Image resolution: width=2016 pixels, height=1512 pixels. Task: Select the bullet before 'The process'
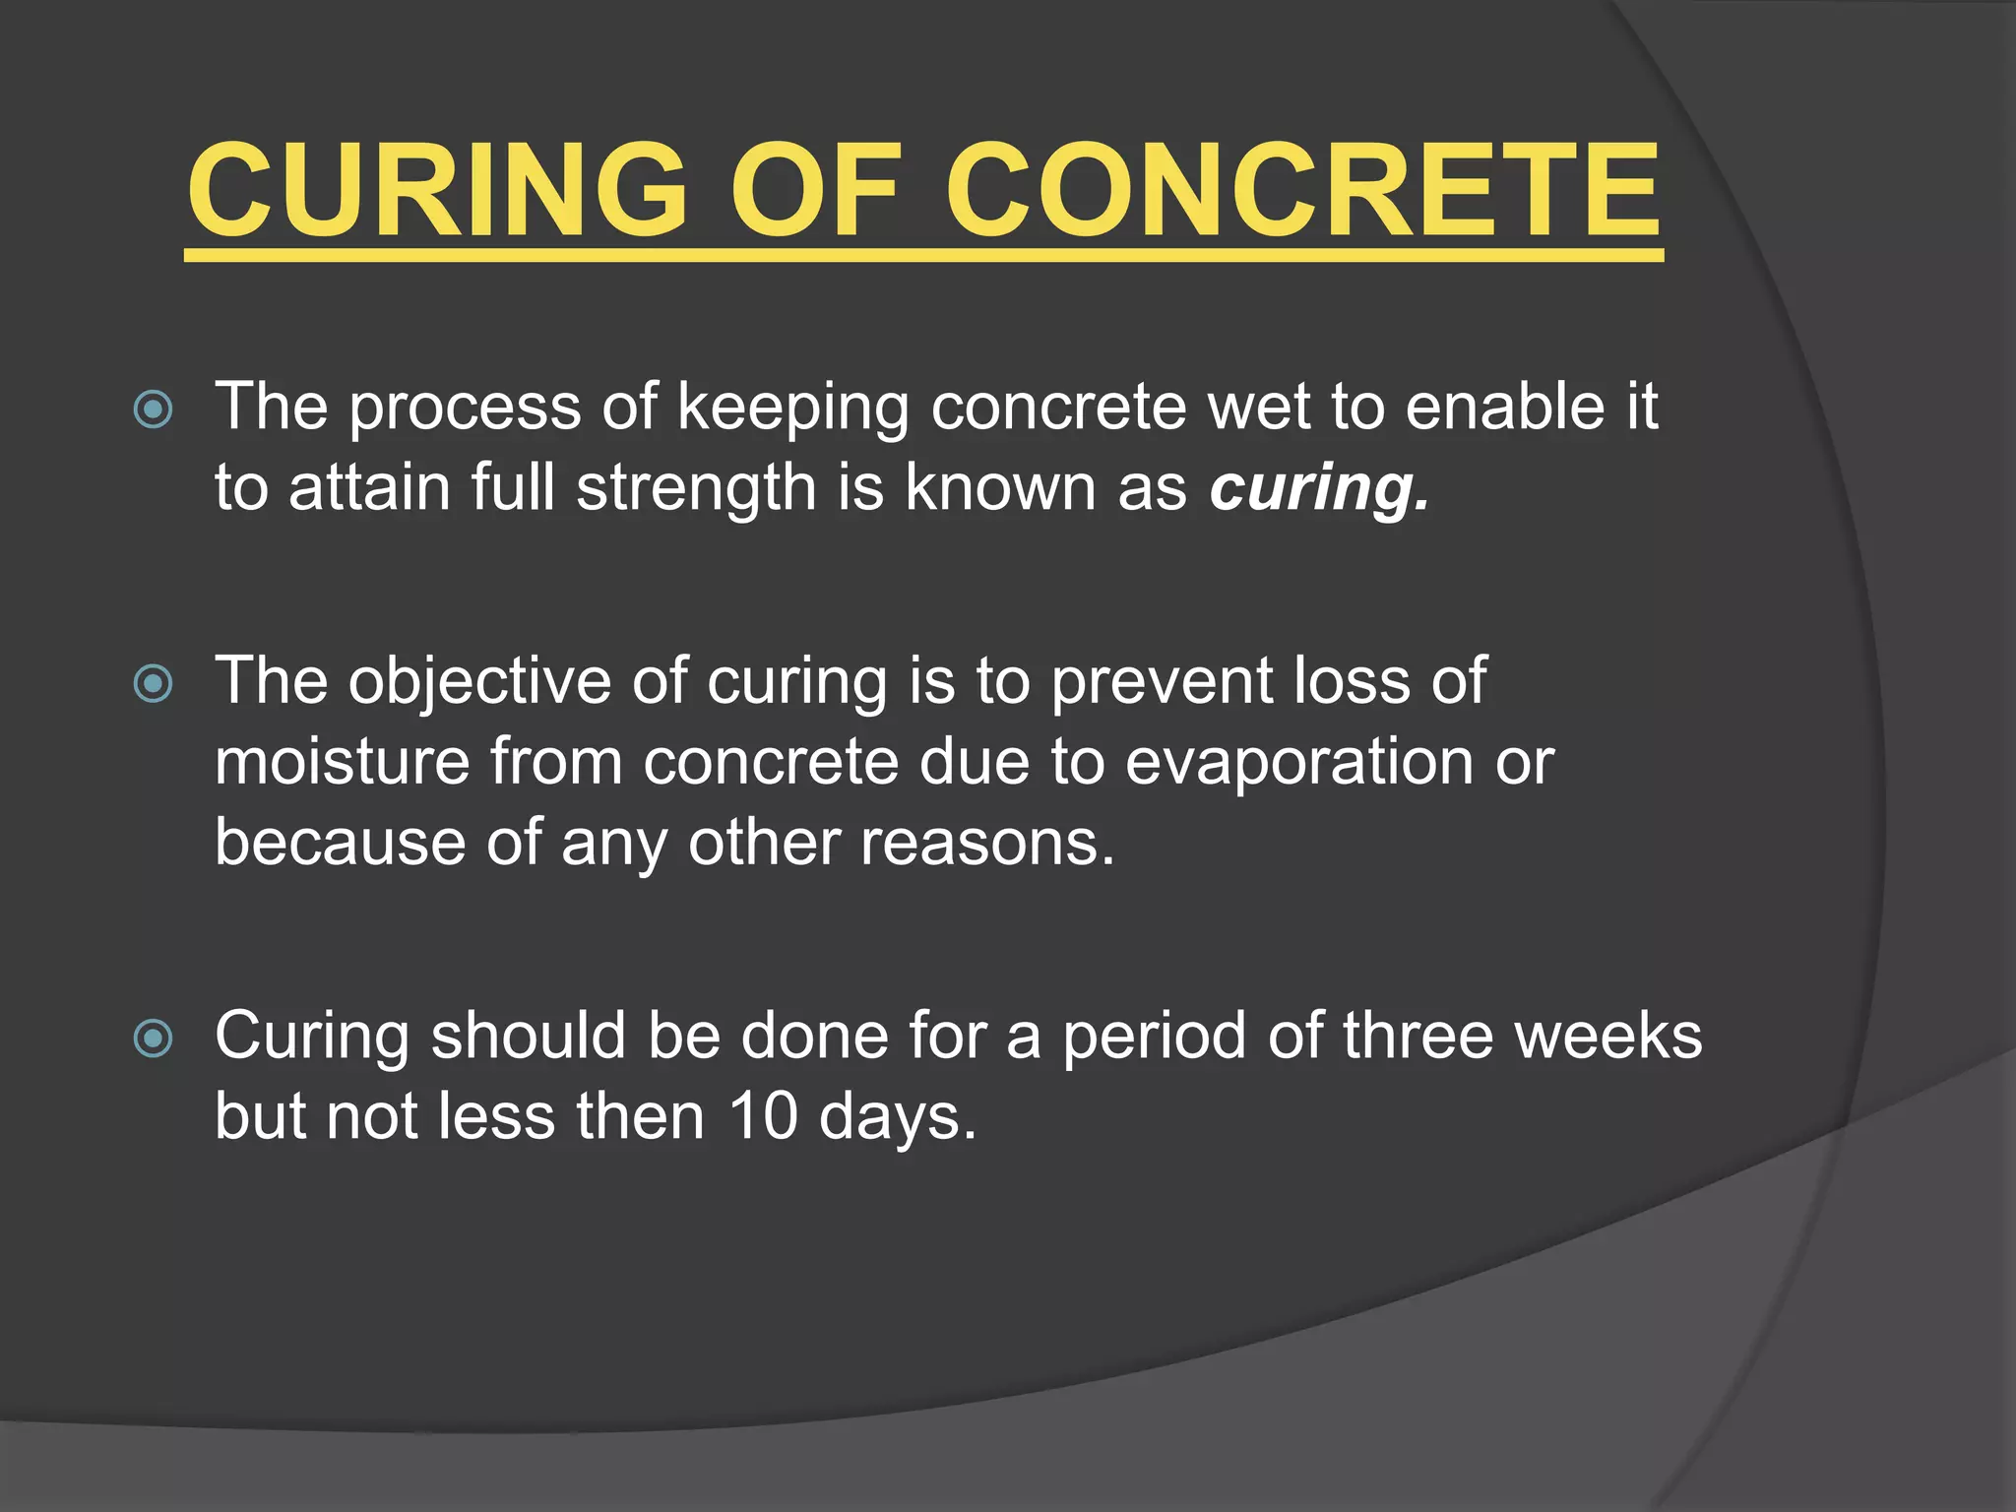point(154,409)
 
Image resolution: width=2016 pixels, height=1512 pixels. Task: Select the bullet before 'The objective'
point(154,683)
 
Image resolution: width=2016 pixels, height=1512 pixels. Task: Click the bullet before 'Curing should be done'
point(154,1039)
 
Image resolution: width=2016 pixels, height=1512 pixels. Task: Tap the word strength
point(696,488)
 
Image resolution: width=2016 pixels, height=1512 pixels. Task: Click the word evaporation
point(1298,763)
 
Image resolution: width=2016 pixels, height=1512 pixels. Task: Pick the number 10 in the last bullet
point(763,1117)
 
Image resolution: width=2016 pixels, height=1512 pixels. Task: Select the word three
point(1417,1037)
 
